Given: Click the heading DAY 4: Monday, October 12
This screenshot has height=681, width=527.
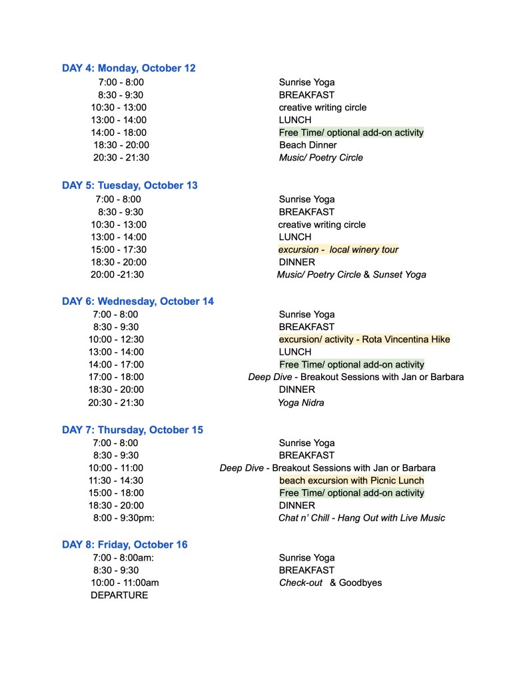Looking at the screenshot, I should click(x=129, y=68).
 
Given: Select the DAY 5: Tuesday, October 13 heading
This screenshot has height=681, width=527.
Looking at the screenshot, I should click(x=130, y=185).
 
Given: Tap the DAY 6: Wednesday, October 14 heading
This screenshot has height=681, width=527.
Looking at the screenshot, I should click(x=138, y=301).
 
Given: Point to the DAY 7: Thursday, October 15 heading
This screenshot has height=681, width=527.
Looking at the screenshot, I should click(x=133, y=430).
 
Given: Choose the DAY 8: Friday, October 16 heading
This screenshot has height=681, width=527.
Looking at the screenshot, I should click(x=125, y=545).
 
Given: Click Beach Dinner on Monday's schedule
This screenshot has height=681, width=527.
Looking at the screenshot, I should click(x=308, y=145).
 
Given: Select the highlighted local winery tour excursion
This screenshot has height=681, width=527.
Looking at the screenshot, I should click(x=338, y=250).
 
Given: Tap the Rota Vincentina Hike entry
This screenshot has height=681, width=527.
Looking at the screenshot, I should click(x=364, y=340).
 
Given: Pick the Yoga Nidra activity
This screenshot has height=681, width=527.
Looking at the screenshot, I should click(x=301, y=403).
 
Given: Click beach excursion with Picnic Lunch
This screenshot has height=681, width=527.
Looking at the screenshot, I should click(x=351, y=481).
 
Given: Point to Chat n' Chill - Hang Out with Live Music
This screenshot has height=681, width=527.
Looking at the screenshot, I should click(x=362, y=518).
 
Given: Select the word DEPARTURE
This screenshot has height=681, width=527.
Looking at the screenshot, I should click(x=119, y=595).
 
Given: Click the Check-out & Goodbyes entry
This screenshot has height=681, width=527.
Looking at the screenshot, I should click(x=330, y=583).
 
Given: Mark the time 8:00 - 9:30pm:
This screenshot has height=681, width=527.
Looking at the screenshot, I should click(x=123, y=518).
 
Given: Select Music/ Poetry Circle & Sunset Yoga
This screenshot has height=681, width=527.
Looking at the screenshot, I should click(x=352, y=274).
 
